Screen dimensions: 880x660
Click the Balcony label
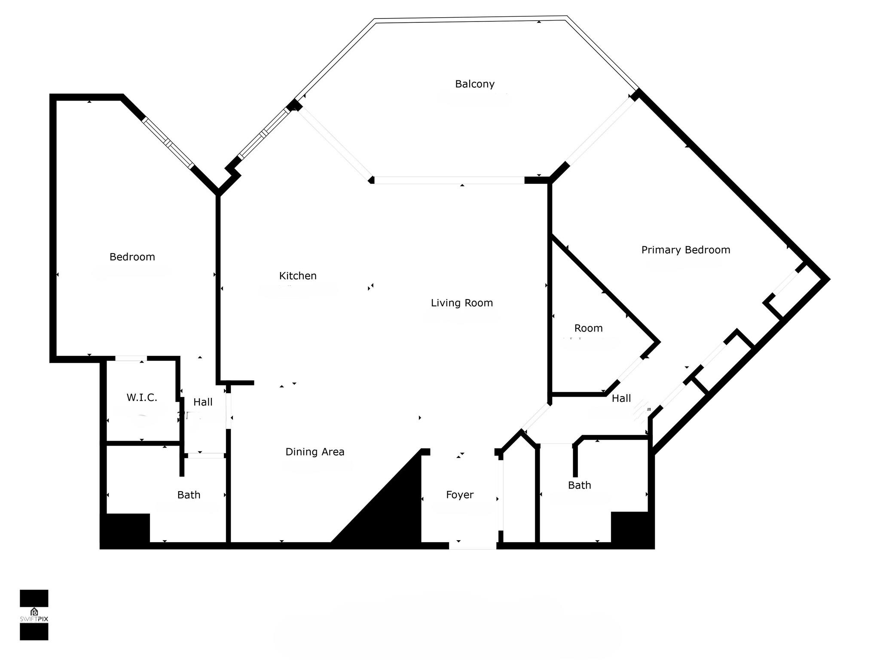[475, 84]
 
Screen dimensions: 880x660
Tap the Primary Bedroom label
[686, 250]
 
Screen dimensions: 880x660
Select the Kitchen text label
[298, 276]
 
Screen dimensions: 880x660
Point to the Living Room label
[462, 303]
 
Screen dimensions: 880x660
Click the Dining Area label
[315, 452]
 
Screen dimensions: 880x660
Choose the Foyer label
[460, 495]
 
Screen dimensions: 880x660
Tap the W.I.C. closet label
[142, 397]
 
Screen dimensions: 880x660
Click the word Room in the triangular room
[589, 328]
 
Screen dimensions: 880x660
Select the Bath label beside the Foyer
[580, 485]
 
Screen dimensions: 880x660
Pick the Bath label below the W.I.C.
[189, 495]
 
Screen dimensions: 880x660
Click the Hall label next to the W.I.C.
[203, 402]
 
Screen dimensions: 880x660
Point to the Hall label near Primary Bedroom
[621, 399]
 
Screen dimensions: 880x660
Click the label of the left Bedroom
[132, 257]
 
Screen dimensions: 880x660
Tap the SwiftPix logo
[34, 615]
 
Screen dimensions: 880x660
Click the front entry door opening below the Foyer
[473, 546]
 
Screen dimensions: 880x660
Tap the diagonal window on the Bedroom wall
[168, 143]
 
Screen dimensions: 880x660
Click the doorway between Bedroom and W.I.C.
[131, 358]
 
